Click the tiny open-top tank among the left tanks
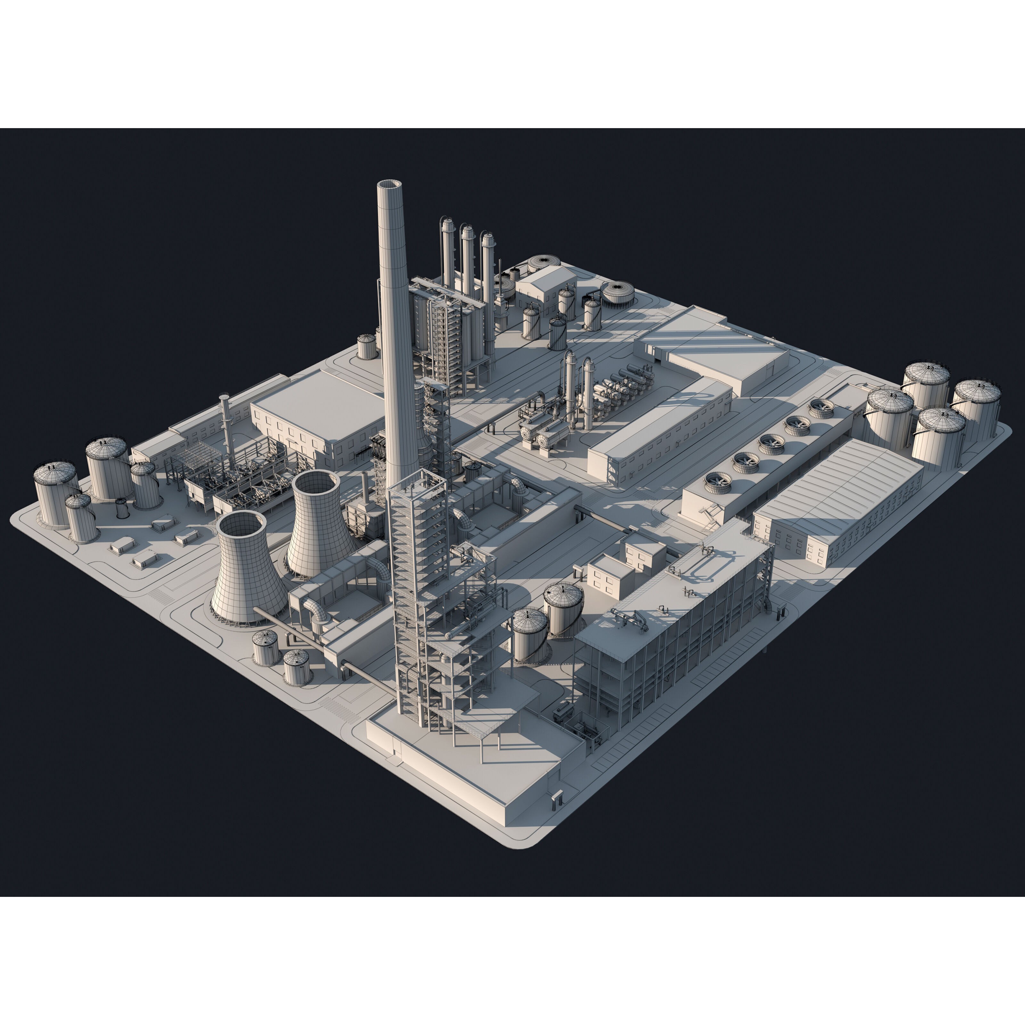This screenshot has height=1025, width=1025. (x=122, y=509)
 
